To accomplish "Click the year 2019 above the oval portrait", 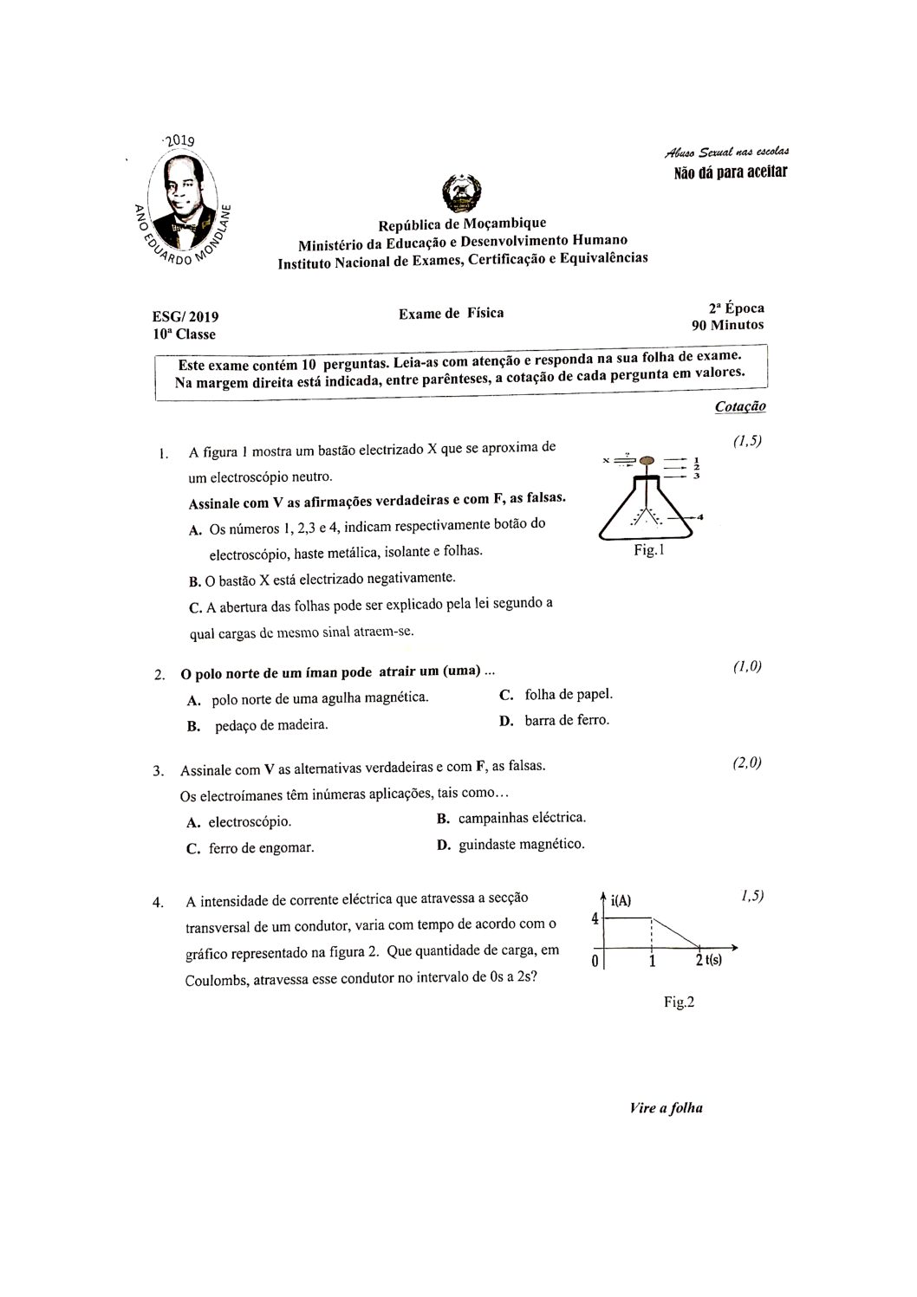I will tap(179, 140).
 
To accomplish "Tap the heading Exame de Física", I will tap(451, 314).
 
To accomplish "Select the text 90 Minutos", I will tap(727, 325).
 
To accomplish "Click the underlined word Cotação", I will tap(740, 406).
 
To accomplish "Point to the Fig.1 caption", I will tap(648, 549).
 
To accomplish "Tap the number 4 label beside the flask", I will tap(699, 517).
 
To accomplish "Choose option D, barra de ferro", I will tap(566, 720).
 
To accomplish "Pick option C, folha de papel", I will tap(568, 694).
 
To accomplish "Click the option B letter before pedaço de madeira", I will tap(194, 726).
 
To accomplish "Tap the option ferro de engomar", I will tap(261, 848).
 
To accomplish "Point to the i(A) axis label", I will tap(621, 901).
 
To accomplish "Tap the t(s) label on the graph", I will tap(713, 959).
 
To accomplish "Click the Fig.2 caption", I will tap(680, 1002).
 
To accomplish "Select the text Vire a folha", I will tap(667, 1108).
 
